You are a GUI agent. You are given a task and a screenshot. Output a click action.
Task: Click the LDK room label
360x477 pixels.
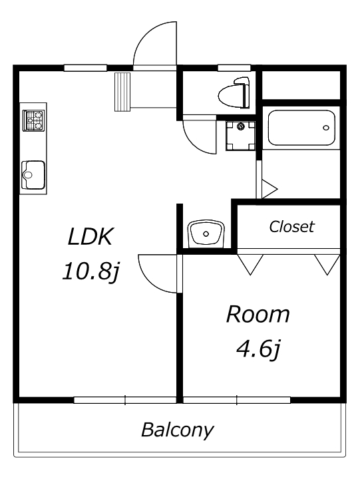click(90, 237)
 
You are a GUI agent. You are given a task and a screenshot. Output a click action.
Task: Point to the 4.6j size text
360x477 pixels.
click(258, 349)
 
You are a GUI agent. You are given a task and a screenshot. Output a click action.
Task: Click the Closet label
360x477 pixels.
click(291, 226)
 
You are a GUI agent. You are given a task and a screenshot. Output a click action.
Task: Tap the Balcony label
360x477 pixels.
click(178, 430)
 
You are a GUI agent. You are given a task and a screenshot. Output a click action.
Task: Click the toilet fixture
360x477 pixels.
click(234, 92)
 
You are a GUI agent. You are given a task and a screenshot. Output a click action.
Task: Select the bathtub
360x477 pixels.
click(301, 128)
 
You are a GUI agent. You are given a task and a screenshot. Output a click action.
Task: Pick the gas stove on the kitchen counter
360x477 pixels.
click(33, 120)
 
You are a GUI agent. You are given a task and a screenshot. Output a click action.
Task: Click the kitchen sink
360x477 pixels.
click(33, 175)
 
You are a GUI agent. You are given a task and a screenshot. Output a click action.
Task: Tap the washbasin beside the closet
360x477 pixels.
click(206, 234)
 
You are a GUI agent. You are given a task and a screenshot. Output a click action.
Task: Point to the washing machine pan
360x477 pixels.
click(240, 136)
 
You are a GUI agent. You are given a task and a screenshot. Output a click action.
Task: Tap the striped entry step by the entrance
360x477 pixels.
click(122, 92)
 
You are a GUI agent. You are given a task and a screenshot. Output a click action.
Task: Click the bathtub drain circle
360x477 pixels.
click(326, 128)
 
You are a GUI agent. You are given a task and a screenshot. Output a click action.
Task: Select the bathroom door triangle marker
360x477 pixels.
click(270, 189)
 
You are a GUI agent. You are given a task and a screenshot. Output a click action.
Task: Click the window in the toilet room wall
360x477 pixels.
click(234, 68)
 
